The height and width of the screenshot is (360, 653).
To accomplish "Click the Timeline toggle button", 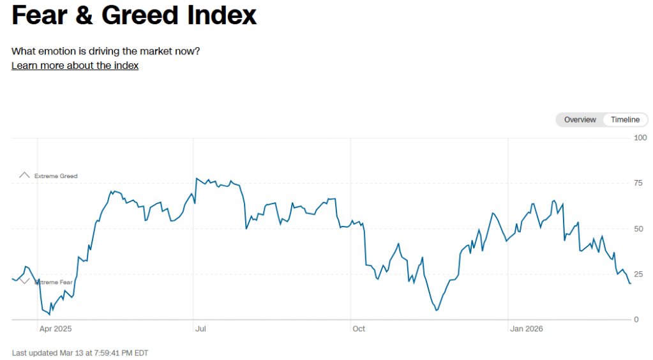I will pyautogui.click(x=625, y=120).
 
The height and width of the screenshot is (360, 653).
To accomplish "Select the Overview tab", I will pyautogui.click(x=580, y=120).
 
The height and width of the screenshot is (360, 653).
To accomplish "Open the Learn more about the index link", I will pyautogui.click(x=75, y=65).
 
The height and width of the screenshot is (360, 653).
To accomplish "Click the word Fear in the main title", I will pyautogui.click(x=40, y=15).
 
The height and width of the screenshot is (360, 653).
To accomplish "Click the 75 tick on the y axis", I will pyautogui.click(x=638, y=183).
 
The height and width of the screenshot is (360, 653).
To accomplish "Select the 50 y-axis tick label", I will pyautogui.click(x=638, y=229).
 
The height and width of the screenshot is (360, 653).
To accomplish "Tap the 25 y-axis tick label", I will pyautogui.click(x=638, y=274).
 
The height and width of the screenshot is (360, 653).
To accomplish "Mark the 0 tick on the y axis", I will pyautogui.click(x=636, y=320).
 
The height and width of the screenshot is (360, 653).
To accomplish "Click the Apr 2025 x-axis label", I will pyautogui.click(x=56, y=329).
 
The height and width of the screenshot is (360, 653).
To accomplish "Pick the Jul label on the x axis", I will pyautogui.click(x=200, y=329).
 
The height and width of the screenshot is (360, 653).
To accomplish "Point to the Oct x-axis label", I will pyautogui.click(x=358, y=329).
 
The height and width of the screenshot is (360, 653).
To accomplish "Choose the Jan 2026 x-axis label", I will pyautogui.click(x=527, y=329).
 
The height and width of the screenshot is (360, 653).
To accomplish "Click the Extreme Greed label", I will pyautogui.click(x=56, y=176).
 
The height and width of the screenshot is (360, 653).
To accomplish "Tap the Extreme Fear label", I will pyautogui.click(x=54, y=282).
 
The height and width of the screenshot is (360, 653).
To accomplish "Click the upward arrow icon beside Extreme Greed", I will pyautogui.click(x=24, y=175).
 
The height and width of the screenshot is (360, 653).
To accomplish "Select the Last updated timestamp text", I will pyautogui.click(x=80, y=352).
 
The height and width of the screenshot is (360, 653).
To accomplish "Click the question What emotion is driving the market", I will pyautogui.click(x=106, y=51).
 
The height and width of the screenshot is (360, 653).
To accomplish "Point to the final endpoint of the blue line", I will pyautogui.click(x=631, y=283).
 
